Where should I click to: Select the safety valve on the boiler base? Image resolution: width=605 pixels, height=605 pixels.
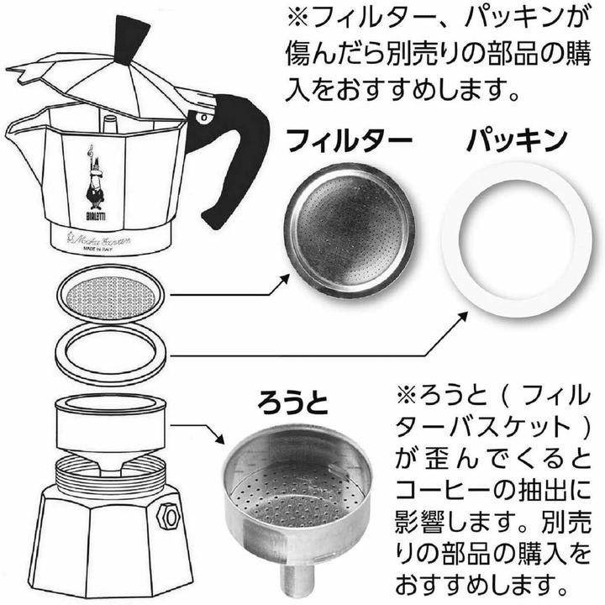pos(168,512)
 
